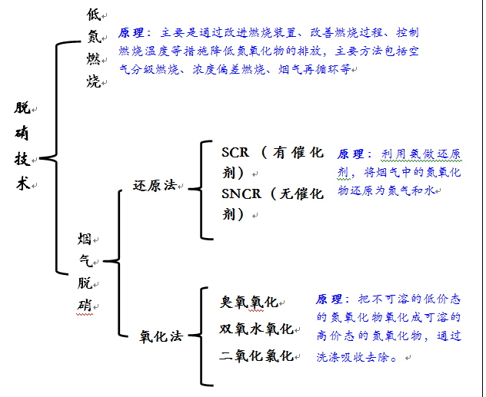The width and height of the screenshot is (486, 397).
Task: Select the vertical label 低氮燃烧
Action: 94,47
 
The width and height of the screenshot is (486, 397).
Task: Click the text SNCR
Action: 241,194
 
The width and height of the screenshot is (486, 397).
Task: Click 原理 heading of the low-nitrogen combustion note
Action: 133,34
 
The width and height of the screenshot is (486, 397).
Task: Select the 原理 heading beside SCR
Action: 353,154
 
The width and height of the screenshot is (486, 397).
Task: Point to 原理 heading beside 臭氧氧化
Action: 331,299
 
